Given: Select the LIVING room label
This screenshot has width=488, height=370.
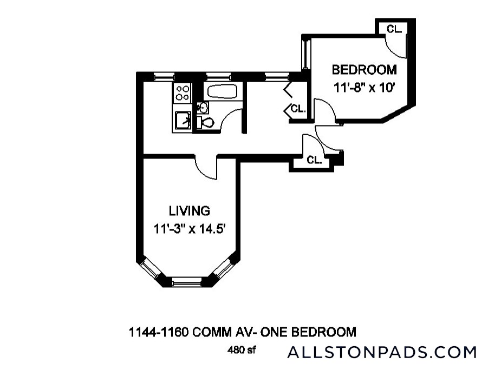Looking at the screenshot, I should point(189,210).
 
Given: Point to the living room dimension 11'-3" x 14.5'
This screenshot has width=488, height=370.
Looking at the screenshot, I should point(189,228).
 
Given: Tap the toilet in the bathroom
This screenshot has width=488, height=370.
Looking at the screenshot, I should point(206,123).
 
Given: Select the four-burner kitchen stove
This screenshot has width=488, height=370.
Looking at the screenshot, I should point(183,93).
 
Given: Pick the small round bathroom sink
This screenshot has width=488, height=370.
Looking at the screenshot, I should point(201,106).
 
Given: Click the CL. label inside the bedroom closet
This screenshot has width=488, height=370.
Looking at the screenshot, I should point(394,30).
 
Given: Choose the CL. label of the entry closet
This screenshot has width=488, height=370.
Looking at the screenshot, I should point(315,160).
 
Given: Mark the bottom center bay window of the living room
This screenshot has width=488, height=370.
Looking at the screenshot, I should point(186,281).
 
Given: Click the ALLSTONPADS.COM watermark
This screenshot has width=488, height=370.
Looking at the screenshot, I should point(382,352).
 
